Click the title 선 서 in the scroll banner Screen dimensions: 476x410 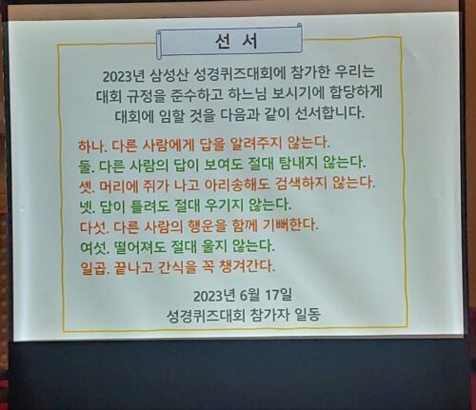click(236, 42)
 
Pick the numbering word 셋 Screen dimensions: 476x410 click(87, 186)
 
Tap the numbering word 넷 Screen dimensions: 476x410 click(87, 206)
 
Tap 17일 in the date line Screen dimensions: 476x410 click(279, 295)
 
